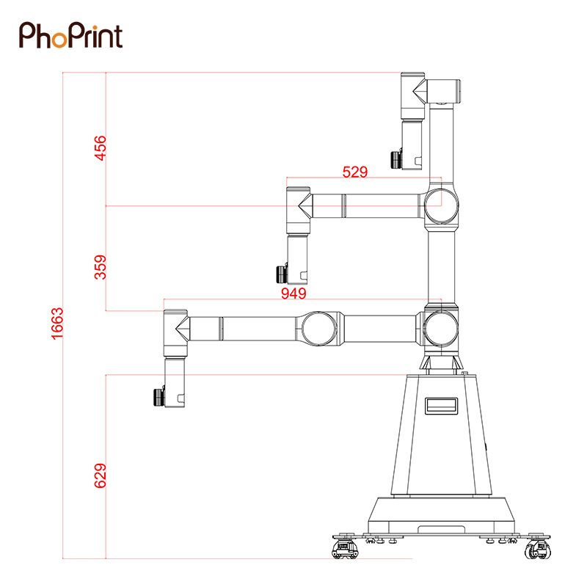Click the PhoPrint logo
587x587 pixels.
[x=70, y=34]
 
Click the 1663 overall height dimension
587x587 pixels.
[x=58, y=324]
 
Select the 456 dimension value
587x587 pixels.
[x=101, y=148]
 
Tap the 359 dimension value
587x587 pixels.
[x=101, y=267]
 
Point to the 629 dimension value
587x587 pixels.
[x=101, y=475]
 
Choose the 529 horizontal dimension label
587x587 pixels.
[x=355, y=172]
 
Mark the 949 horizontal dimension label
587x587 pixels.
[x=294, y=293]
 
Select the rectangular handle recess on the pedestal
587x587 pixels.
[x=442, y=406]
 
